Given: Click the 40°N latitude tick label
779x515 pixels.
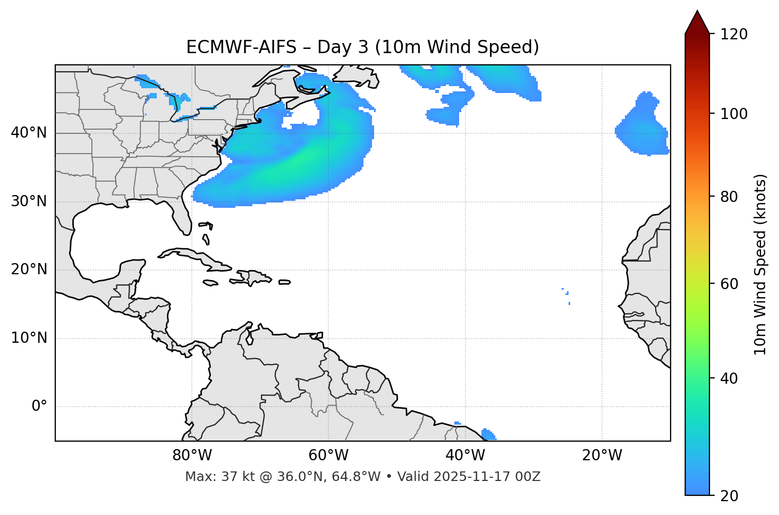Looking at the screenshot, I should click(x=29, y=133).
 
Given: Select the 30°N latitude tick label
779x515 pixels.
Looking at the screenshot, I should click(x=29, y=201).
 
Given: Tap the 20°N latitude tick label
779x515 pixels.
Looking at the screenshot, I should click(x=29, y=269).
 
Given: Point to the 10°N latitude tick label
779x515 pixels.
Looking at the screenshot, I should click(x=29, y=338).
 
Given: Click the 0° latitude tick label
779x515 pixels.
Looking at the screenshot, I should click(x=39, y=407).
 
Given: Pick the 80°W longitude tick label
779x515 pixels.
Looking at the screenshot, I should click(x=192, y=455).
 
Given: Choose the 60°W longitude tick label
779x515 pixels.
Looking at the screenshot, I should click(x=328, y=455).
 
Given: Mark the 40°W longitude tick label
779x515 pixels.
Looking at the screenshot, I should click(x=465, y=455).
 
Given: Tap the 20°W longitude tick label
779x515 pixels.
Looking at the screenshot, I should click(x=602, y=455).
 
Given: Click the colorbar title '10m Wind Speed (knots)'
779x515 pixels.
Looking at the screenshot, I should click(x=760, y=264).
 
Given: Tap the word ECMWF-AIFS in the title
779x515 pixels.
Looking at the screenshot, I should click(x=241, y=47).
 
